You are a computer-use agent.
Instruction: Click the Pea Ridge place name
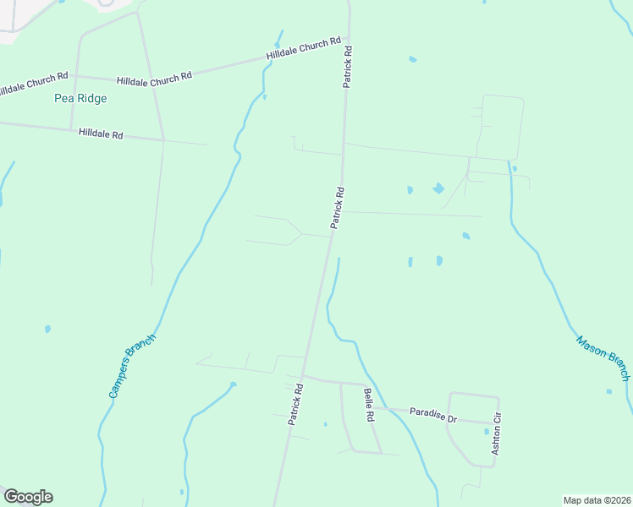80,98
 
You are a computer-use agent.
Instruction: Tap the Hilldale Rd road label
101,134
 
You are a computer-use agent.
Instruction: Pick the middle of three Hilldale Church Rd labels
154,77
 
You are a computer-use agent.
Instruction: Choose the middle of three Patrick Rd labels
338,208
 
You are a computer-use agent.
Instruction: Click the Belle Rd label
369,405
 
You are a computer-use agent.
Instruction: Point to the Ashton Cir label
497,433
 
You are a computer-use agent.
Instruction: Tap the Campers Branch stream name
132,366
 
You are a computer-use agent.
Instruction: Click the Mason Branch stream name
603,357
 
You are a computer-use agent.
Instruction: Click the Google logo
28,497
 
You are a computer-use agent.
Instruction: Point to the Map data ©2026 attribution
597,500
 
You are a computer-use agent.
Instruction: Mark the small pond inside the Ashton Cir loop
487,431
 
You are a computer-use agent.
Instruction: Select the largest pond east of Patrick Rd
438,188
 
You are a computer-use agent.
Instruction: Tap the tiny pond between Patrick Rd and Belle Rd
325,424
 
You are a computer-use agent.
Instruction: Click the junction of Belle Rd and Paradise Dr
379,409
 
